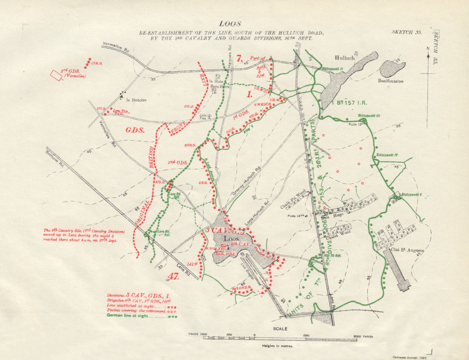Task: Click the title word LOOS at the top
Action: pos(230,24)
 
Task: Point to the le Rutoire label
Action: pos(136,100)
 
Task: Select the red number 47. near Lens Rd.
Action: pos(174,276)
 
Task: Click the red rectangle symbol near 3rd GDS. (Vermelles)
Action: pos(56,75)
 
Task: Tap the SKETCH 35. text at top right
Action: pos(406,32)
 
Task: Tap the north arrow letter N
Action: pos(428,48)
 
